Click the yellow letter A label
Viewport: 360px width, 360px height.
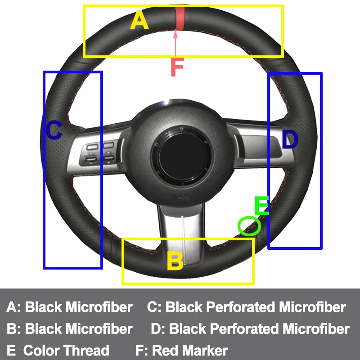[139, 20]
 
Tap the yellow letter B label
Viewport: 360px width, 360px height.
[175, 261]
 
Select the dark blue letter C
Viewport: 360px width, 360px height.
[54, 131]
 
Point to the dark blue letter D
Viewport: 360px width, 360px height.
[290, 139]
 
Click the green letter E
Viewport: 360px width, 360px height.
[261, 206]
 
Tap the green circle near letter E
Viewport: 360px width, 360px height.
[249, 226]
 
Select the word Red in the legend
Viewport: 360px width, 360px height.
[165, 350]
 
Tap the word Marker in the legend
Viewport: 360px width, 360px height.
[204, 350]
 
